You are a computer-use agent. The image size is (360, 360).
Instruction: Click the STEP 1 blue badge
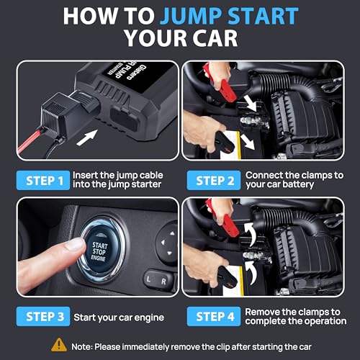click(x=43, y=181)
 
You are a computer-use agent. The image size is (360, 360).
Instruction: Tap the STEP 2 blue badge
click(x=214, y=181)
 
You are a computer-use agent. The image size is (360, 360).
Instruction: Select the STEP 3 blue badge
click(x=43, y=316)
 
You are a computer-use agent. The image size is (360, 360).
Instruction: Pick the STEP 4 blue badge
click(x=214, y=316)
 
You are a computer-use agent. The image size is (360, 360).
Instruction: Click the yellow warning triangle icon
click(x=59, y=345)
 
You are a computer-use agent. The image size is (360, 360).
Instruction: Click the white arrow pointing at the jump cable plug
click(x=87, y=138)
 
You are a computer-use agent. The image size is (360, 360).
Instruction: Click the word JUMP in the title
click(x=191, y=16)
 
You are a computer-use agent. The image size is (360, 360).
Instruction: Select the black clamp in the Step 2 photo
click(x=225, y=143)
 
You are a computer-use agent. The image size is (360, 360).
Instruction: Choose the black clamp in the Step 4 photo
click(x=227, y=277)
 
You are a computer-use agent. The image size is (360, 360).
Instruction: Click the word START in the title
click(x=263, y=16)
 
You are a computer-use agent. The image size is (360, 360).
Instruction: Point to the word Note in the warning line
click(x=81, y=347)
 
